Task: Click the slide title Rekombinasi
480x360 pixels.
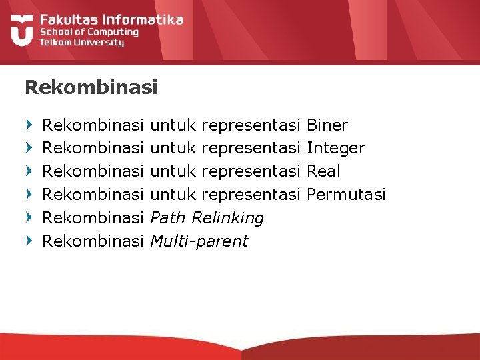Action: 91,87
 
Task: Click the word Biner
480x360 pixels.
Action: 327,125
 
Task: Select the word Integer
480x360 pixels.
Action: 335,148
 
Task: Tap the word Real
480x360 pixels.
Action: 323,171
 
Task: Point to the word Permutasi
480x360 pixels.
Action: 346,195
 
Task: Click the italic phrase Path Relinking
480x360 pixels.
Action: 207,218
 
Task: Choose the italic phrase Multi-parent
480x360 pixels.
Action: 199,241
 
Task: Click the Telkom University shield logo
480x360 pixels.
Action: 21,30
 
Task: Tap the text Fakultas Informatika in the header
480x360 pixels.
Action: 111,19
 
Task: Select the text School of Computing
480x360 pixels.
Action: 89,31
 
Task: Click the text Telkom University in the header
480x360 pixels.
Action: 81,42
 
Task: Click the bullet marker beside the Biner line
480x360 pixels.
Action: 28,125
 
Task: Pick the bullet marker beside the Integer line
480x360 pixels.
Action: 28,147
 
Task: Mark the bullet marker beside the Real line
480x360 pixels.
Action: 28,171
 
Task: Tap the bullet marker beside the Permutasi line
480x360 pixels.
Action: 28,194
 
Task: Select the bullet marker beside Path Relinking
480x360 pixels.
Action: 28,217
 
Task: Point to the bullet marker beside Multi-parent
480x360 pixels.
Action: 28,240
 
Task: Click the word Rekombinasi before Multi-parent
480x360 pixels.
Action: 93,241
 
